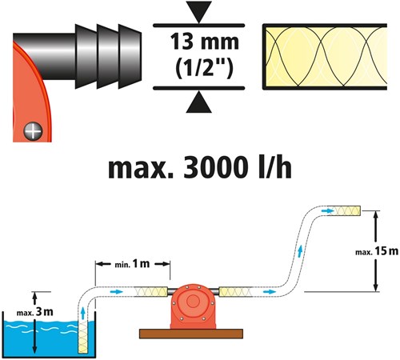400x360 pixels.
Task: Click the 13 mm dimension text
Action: (205, 42)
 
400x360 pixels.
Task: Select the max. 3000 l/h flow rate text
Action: (200, 167)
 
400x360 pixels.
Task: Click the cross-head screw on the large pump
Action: (33, 131)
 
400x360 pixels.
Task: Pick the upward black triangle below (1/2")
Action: (199, 102)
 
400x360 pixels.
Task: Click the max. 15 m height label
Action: (377, 251)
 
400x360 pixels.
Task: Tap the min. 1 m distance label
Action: (132, 264)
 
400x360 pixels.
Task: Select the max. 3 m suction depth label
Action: (34, 312)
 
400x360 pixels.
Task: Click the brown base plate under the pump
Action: (191, 334)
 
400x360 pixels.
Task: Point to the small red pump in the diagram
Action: (194, 306)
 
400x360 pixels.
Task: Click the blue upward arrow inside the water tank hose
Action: (83, 313)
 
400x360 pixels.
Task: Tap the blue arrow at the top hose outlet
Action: (328, 211)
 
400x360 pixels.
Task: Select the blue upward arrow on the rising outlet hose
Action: (300, 251)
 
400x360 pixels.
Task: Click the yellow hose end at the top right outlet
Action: (344, 210)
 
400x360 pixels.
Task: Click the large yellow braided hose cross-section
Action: (325, 57)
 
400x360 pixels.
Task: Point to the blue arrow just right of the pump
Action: (270, 292)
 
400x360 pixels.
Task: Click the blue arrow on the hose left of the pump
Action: (116, 291)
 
